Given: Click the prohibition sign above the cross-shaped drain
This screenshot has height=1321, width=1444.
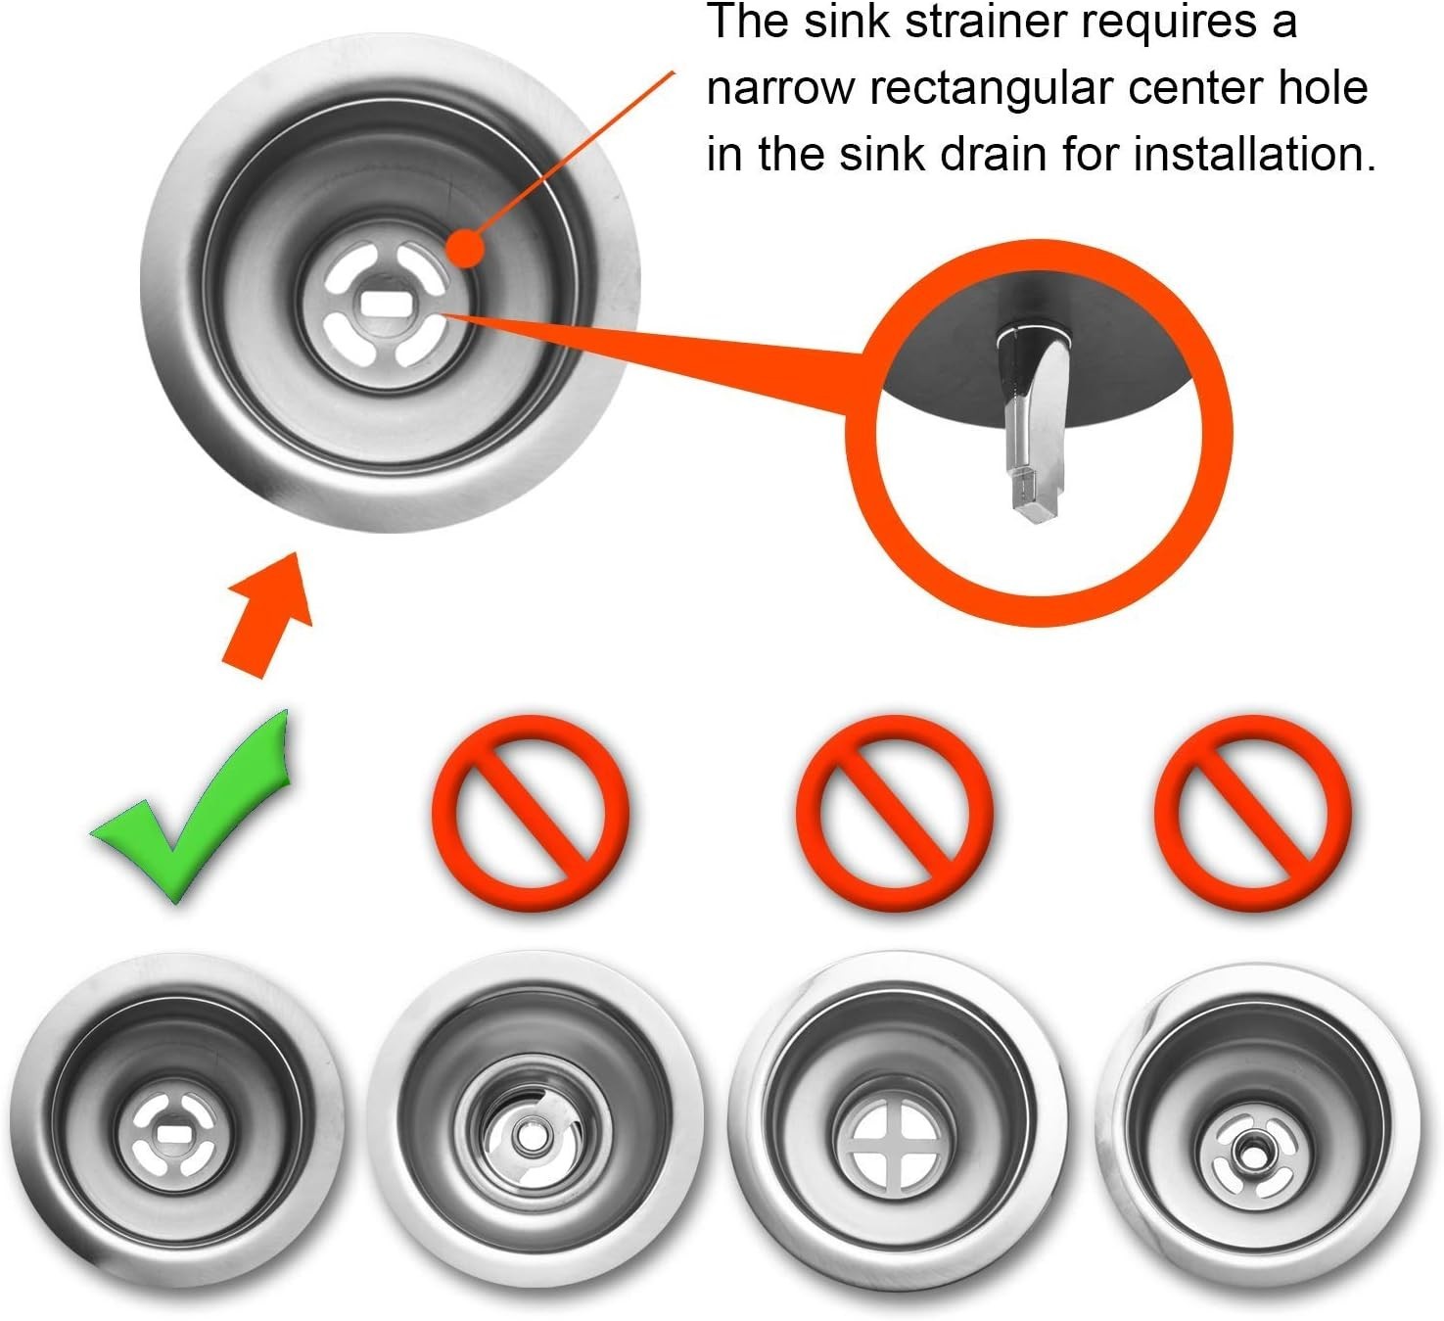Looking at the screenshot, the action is [895, 813].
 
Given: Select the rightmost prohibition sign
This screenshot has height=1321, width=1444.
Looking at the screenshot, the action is [1253, 813].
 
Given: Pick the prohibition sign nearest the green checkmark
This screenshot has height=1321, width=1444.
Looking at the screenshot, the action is [531, 813].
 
